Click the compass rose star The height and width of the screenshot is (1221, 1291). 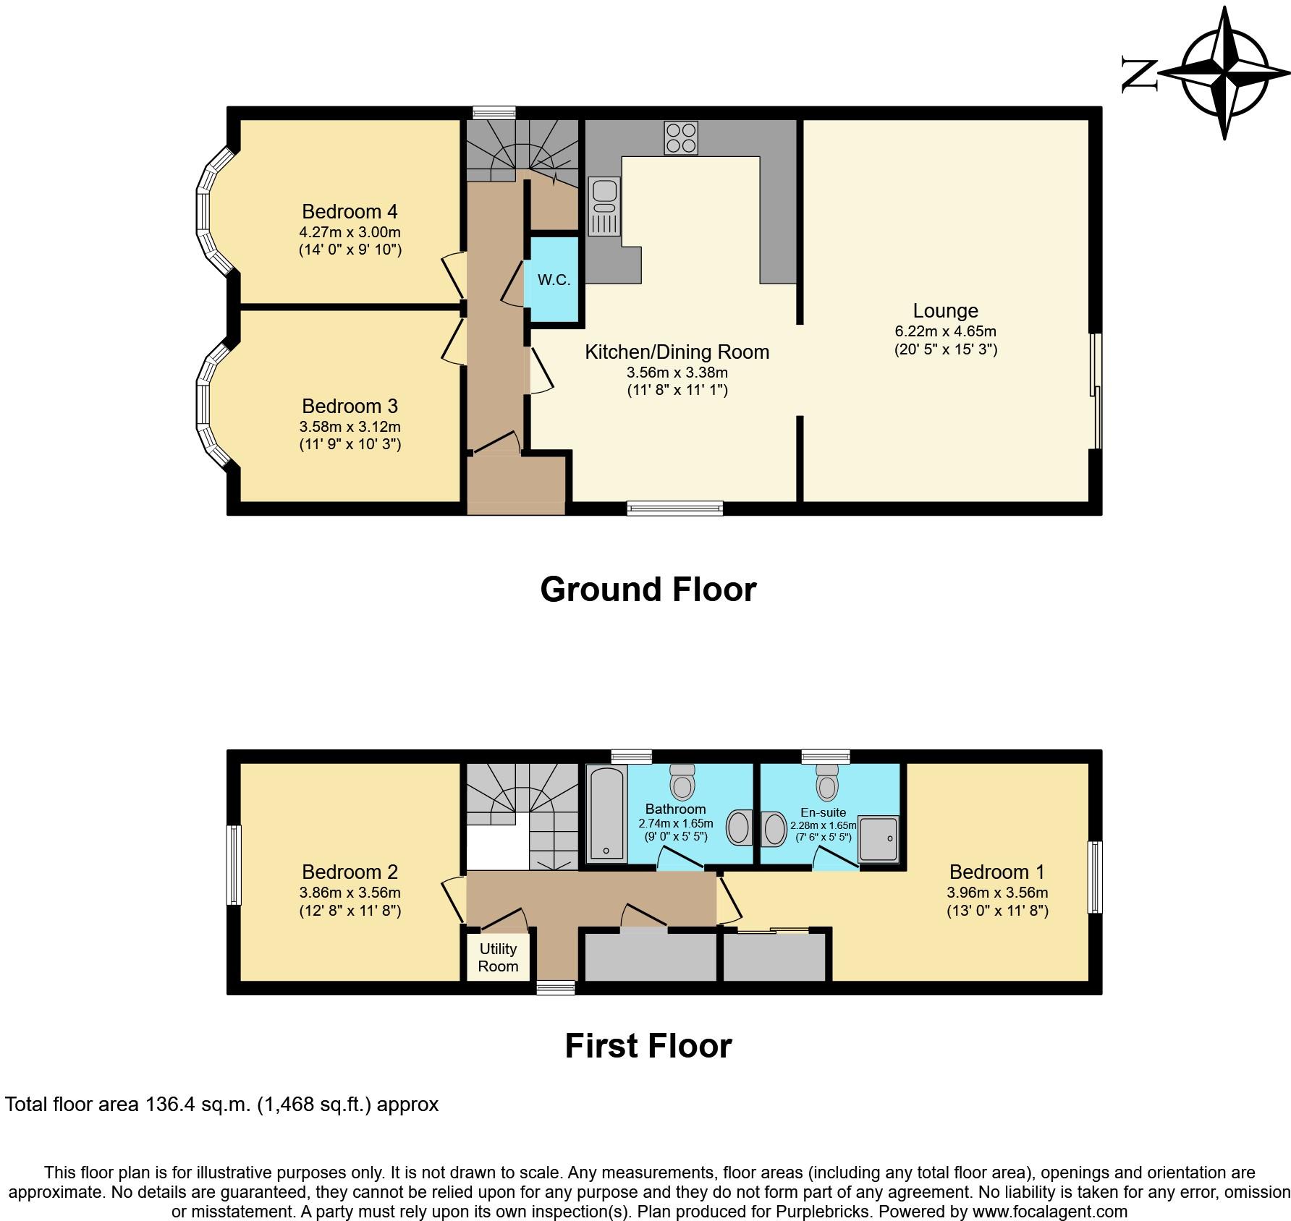1225,72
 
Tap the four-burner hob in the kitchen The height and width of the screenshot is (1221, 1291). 681,138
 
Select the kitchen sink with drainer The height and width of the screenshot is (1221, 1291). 604,206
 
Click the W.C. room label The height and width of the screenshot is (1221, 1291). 554,280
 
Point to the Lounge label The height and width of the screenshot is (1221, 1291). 945,310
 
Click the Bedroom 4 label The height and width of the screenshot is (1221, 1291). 350,211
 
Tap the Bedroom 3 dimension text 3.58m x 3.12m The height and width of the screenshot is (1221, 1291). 350,427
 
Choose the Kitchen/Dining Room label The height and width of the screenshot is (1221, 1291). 677,352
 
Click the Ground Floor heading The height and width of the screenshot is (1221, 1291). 648,589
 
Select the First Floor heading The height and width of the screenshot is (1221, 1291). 648,1045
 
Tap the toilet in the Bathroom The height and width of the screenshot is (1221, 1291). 682,780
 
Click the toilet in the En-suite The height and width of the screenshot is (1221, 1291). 827,780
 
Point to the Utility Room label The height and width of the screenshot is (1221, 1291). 498,957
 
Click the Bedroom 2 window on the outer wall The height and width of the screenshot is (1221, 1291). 234,865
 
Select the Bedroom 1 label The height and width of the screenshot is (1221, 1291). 997,872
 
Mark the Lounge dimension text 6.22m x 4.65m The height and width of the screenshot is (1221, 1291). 945,331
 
